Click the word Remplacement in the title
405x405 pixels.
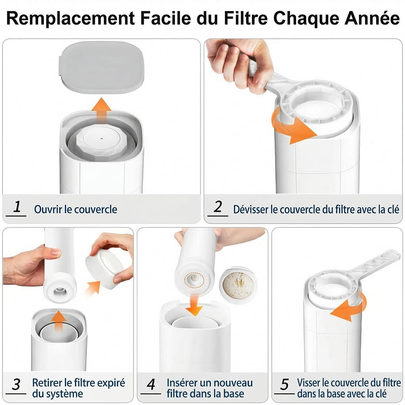(70, 18)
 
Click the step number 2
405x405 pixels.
(218, 207)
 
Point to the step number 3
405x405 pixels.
(16, 385)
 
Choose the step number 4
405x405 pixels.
(151, 385)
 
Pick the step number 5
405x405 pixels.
(285, 385)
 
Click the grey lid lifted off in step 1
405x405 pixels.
(102, 67)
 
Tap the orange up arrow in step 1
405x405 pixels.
(102, 110)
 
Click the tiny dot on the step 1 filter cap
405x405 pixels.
(102, 139)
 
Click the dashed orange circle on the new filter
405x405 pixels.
(194, 280)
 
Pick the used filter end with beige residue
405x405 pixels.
(239, 285)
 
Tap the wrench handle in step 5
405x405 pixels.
(376, 264)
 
